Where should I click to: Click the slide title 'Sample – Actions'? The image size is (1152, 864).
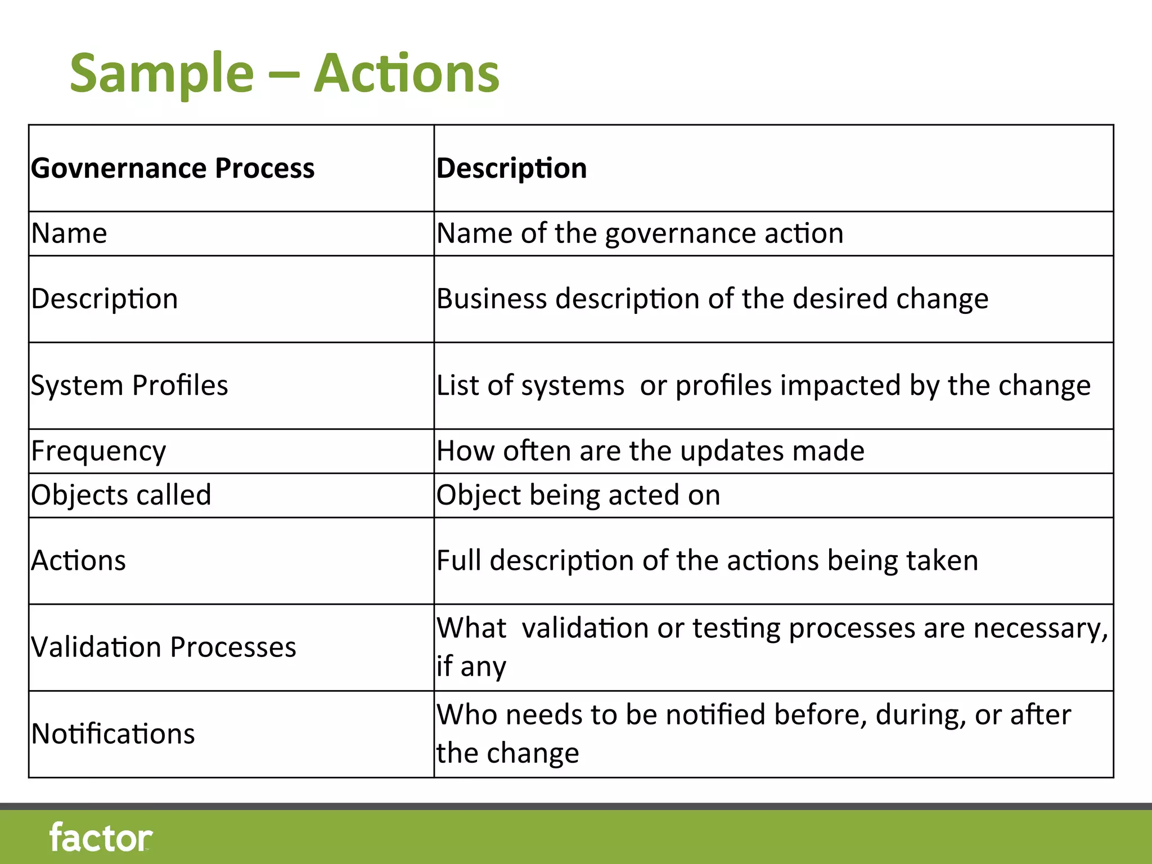284,73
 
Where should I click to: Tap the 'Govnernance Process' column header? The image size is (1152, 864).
173,168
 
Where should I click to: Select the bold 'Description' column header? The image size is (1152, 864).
511,168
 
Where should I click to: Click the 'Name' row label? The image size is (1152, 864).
69,233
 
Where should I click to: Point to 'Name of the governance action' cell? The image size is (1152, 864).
640,233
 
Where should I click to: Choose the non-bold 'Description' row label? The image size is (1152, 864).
105,299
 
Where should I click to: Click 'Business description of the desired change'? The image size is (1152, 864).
712,299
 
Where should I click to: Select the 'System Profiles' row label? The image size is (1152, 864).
129,386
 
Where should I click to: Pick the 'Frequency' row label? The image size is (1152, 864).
98,451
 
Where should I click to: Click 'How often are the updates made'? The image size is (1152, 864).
650,451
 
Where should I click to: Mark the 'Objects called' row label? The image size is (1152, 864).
121,495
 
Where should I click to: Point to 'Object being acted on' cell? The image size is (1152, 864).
578,495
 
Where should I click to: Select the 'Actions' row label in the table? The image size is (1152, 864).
79,561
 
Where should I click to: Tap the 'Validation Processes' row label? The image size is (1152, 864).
164,647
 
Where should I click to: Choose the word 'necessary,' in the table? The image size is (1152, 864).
1041,628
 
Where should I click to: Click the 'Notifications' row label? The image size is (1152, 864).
113,734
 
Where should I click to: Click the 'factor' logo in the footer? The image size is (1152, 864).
101,838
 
